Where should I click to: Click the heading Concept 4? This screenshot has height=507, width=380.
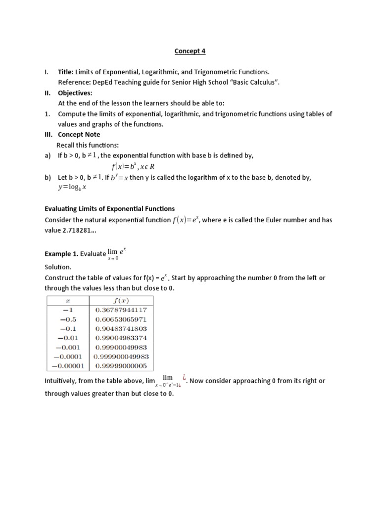click(190, 51)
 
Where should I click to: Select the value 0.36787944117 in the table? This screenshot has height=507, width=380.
click(121, 310)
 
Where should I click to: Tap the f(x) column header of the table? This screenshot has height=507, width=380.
click(121, 301)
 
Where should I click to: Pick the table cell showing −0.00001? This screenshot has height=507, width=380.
click(68, 366)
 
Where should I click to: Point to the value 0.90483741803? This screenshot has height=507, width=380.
click(121, 329)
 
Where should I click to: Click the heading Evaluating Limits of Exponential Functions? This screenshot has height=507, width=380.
click(109, 208)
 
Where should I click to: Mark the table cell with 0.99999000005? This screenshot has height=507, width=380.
click(121, 366)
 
